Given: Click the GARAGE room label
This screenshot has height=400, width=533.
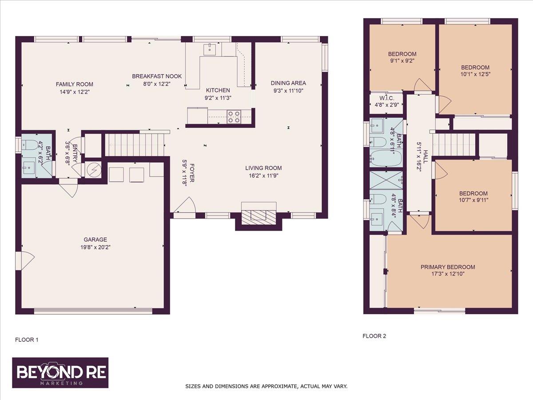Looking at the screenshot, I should tap(93, 240).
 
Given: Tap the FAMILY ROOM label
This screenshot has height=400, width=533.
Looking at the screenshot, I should tap(74, 84).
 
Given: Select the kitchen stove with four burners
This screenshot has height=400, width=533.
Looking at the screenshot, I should tap(234, 116).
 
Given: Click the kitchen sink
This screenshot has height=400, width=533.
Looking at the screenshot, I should tap(208, 49).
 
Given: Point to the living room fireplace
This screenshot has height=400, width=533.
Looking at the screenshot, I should tap(259, 216).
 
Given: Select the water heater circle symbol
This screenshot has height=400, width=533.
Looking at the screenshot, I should tap(94, 169).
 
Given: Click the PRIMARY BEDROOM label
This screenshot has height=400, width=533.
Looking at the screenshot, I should tap(448, 267).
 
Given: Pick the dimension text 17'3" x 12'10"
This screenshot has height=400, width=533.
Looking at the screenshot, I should tap(448, 274).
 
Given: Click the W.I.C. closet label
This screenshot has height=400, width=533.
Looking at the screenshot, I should tap(385, 98).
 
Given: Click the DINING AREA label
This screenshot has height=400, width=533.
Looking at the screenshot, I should tap(288, 83).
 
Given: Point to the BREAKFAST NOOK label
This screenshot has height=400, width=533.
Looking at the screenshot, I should tap(156, 76).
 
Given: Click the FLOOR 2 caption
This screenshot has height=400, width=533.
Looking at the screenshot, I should tap(374, 336).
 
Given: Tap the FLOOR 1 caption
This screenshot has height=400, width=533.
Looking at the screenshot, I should tap(27, 340).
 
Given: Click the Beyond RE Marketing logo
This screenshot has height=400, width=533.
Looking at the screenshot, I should tap(60, 372).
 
